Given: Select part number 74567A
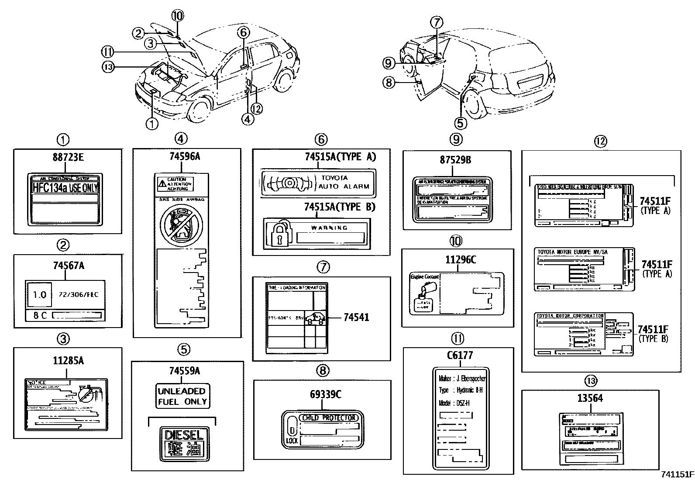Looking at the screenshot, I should coord(67,265).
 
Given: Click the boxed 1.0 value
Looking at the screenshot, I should coord(39,294).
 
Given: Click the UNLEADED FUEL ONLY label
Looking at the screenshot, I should coord(182,396).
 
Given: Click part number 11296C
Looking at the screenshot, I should coord(460,260).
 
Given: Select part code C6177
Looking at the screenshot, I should coord(460,356).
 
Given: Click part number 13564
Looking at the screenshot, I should coord(590,398).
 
